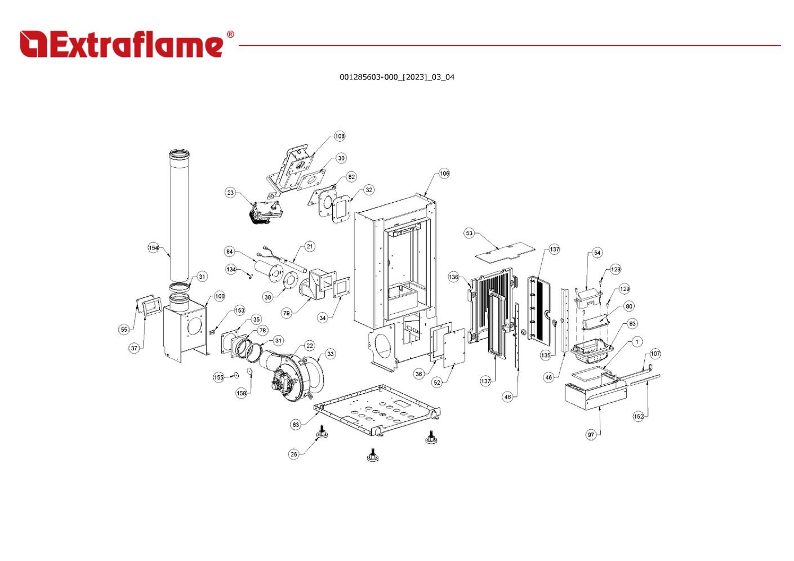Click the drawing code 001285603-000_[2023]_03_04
(x=396, y=77)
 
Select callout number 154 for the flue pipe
(x=153, y=248)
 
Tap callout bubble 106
(x=444, y=173)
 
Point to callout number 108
(x=340, y=136)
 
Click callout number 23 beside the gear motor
(x=230, y=193)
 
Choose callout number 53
(x=469, y=233)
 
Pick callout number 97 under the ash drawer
(x=591, y=435)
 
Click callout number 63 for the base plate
(x=296, y=425)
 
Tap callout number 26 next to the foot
(x=293, y=454)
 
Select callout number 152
(x=639, y=416)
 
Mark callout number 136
(x=453, y=277)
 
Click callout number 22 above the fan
(x=310, y=346)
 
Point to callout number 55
(x=123, y=330)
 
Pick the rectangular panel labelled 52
(x=454, y=348)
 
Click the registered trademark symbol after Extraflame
(x=230, y=34)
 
